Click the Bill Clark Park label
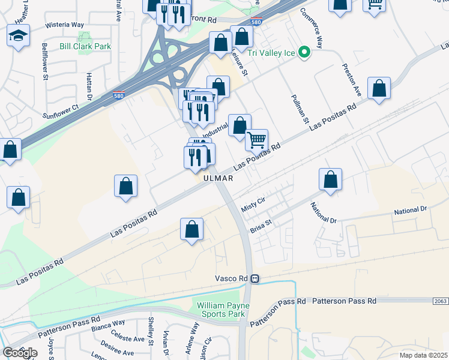point(86,46)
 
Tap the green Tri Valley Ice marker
point(304,53)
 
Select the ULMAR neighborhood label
point(217,178)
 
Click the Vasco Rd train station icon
point(255,278)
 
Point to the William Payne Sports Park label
point(221,310)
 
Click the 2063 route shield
point(440,300)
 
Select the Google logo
point(20,353)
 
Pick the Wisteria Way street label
point(64,25)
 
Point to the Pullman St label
point(298,110)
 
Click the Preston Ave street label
point(351,80)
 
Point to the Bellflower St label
point(44,58)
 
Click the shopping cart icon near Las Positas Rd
point(256,140)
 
